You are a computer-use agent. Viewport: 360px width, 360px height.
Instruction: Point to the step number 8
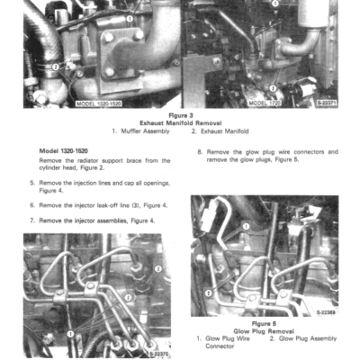(x=199, y=151)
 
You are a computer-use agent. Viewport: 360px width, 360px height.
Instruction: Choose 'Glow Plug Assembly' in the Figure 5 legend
(x=306, y=338)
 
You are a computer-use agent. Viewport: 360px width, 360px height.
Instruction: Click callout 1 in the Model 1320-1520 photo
(x=130, y=18)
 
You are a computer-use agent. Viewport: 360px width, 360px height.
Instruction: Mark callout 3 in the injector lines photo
(x=158, y=268)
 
